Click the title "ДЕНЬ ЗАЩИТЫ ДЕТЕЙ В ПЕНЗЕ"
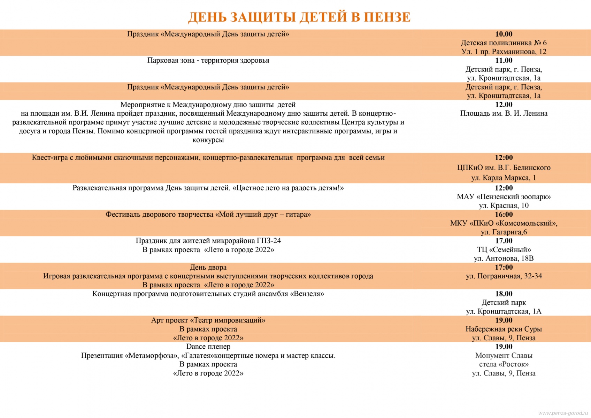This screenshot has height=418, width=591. [299, 17]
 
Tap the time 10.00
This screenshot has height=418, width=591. [504, 34]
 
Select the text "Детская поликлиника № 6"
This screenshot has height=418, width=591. [504, 43]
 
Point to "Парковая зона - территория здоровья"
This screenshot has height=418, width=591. [208, 61]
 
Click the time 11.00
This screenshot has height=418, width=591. [504, 61]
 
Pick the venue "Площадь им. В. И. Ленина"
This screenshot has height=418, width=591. [504, 114]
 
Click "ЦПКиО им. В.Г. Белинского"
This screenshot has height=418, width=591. [504, 168]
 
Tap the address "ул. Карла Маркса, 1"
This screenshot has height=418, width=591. [504, 178]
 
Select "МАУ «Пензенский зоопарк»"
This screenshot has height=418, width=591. [504, 197]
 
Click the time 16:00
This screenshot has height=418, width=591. [504, 215]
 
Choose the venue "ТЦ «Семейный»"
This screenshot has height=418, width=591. [504, 250]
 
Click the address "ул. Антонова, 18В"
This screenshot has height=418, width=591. [504, 258]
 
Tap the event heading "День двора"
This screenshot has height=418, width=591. [208, 268]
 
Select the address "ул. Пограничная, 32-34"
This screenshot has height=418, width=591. [504, 276]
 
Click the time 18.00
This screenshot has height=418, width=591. [504, 294]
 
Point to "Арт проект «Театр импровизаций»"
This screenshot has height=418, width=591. [208, 320]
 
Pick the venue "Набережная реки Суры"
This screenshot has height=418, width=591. [504, 329]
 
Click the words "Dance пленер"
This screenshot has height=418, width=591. [208, 347]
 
